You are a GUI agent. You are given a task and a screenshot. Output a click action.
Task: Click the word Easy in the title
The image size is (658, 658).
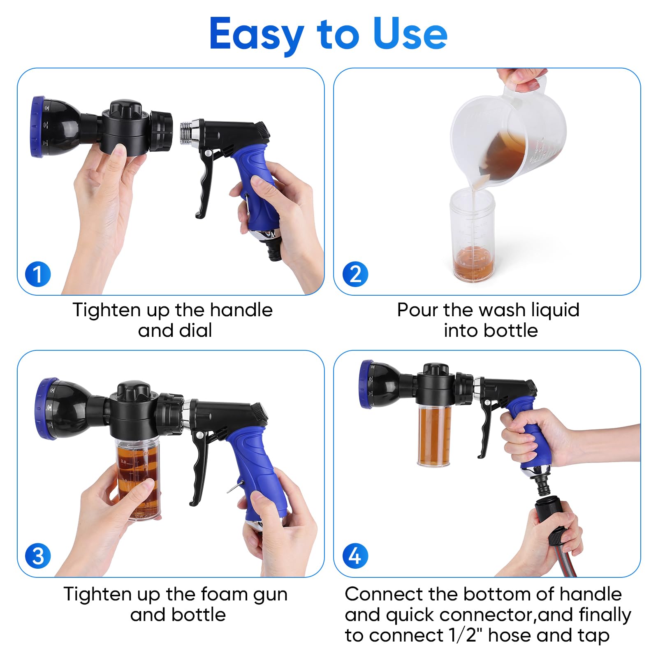[256, 35]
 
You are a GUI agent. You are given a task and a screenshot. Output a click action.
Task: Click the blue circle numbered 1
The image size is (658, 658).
[38, 274]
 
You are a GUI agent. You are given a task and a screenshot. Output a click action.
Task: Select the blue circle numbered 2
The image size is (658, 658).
[355, 274]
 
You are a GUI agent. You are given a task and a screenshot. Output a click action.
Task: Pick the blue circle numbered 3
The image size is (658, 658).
[38, 556]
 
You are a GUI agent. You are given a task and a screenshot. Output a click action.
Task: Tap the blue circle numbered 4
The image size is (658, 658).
[355, 556]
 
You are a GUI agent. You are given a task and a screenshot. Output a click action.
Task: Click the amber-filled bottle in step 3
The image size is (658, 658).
[138, 479]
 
